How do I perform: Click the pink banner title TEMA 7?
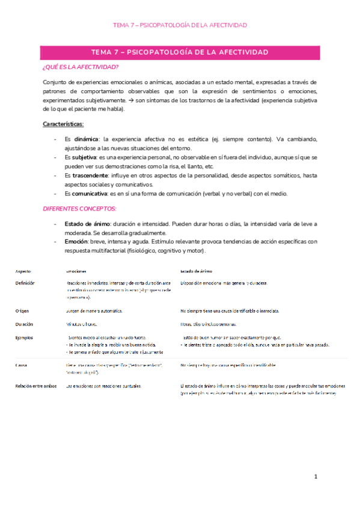tap(180, 52)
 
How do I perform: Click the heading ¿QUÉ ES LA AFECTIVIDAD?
tap(81, 67)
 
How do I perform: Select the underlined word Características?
tap(67, 124)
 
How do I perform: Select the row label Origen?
tap(22, 311)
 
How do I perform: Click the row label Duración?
tap(25, 324)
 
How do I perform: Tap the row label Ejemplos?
tap(25, 338)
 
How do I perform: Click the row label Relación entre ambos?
tap(36, 386)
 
